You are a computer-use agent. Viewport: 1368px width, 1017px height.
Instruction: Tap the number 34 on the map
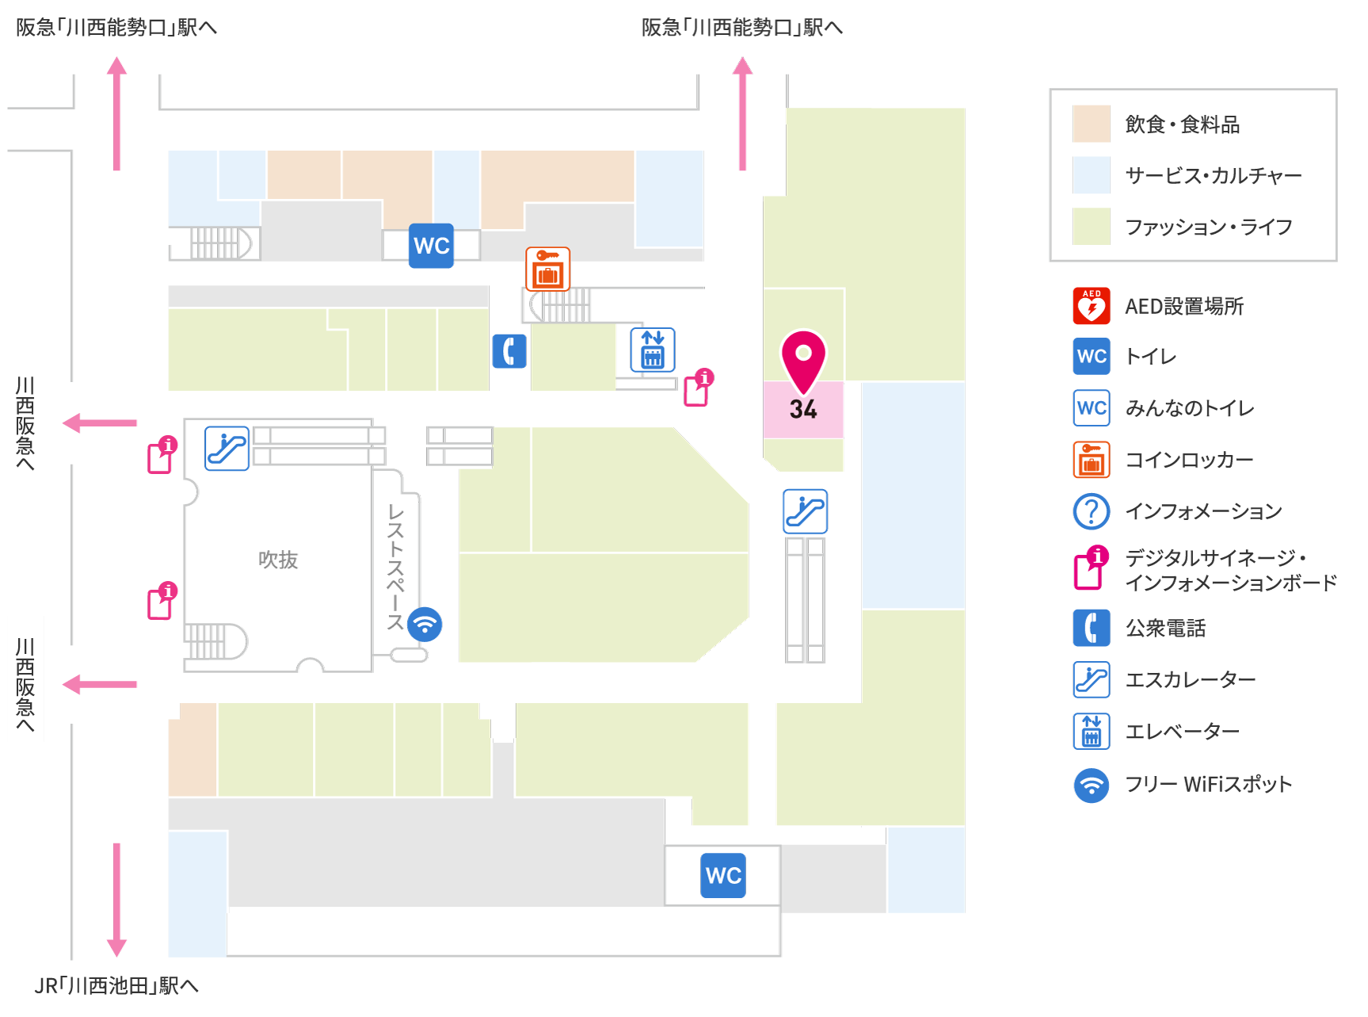[x=803, y=409]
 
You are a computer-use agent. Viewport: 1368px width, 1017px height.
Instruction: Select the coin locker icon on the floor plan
[x=547, y=269]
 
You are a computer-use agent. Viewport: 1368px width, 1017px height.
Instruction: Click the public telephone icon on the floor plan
[x=509, y=350]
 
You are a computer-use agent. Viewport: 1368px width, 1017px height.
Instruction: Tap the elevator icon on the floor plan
[x=653, y=350]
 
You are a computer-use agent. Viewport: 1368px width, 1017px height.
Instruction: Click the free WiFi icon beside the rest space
[x=425, y=625]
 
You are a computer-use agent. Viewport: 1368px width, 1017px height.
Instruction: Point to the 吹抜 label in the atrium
[x=278, y=560]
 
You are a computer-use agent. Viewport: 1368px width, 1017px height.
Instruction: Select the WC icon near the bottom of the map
[x=723, y=875]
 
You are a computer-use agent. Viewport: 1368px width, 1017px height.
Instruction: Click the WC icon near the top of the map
[x=431, y=246]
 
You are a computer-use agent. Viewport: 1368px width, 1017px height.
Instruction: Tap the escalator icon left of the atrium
[x=227, y=448]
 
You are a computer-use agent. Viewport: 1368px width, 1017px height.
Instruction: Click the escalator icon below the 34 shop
[x=806, y=511]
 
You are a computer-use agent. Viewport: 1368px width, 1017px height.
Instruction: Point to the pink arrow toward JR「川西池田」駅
[x=116, y=900]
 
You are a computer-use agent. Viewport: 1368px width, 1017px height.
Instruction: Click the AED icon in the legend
[x=1092, y=306]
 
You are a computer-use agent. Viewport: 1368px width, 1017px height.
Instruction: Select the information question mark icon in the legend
[x=1092, y=511]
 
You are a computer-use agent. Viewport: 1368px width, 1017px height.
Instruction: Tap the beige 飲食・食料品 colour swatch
[x=1092, y=124]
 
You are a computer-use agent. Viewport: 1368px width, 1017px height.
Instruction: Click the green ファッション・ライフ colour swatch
[x=1092, y=227]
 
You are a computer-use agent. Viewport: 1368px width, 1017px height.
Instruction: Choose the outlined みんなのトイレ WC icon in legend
[x=1092, y=408]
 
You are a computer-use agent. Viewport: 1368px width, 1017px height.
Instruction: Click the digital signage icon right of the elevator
[x=699, y=388]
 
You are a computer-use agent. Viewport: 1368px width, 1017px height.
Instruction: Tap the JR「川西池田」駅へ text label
[x=116, y=985]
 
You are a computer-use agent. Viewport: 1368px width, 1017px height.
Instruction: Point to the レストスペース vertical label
[x=395, y=568]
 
